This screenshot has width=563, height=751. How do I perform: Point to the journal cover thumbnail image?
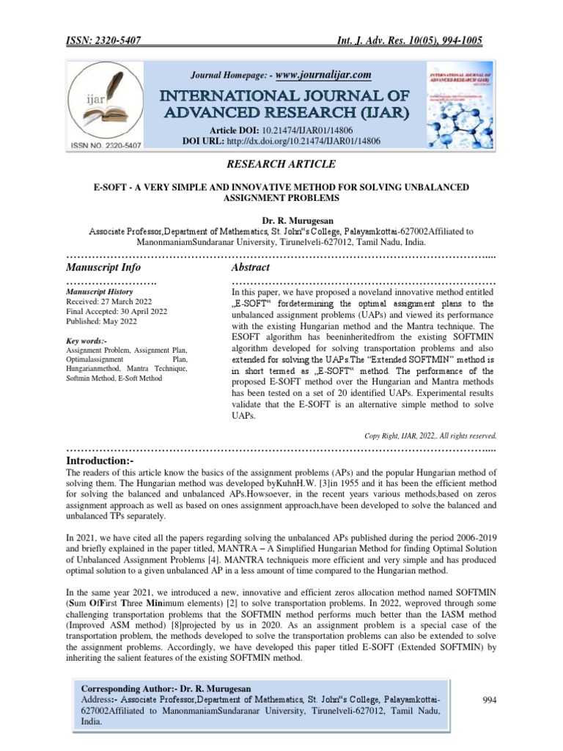click(459, 103)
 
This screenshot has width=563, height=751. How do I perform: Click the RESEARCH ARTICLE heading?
click(281, 164)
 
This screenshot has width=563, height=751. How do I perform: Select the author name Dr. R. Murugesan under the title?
click(281, 220)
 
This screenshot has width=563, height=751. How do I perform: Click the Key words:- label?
click(87, 341)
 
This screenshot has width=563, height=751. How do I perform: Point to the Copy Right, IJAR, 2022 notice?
click(431, 435)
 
